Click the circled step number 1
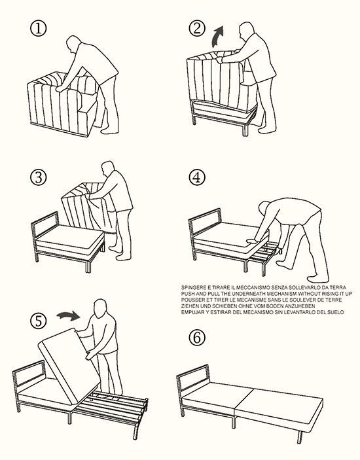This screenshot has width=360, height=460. (38, 28)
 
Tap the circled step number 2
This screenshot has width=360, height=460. (197, 28)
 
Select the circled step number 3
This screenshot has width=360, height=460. (38, 177)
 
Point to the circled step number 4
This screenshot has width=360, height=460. (197, 177)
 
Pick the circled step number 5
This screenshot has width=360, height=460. (38, 321)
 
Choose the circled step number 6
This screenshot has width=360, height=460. (197, 338)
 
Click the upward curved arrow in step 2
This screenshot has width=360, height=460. (217, 36)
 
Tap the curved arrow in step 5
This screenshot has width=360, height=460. (68, 316)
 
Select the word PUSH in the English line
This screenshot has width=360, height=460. (187, 294)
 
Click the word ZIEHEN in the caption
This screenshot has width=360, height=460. (189, 306)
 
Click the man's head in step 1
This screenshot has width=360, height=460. (73, 44)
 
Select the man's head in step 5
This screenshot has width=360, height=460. (100, 308)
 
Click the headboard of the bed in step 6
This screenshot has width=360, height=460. (193, 378)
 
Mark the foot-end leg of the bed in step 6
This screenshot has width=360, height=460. (300, 437)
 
